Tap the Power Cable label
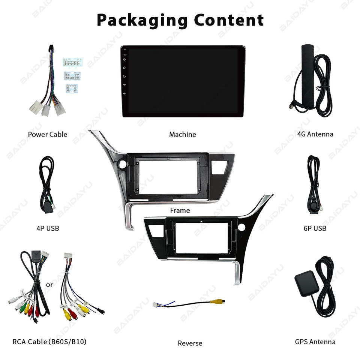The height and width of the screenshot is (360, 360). click(48, 134)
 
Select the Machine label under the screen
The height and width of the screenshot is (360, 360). click(182, 134)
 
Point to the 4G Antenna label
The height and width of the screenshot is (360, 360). click(315, 134)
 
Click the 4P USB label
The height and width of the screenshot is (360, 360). click(48, 228)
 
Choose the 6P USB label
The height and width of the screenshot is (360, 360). click(315, 228)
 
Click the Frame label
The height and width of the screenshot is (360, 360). click(180, 210)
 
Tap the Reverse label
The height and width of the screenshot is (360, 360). click(190, 343)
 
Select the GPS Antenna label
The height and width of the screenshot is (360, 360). click(315, 342)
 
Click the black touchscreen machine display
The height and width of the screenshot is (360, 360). click(183, 81)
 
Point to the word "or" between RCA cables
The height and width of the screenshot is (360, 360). click(49, 285)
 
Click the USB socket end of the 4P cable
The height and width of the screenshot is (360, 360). click(48, 208)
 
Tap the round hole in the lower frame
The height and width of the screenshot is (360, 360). click(241, 227)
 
